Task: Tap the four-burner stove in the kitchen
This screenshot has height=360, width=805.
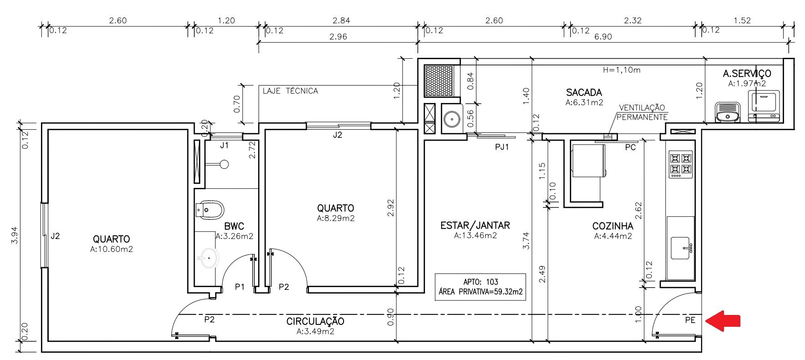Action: coord(680,164)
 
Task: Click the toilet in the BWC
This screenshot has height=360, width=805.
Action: coord(210,210)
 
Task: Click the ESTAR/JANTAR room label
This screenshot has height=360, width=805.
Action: coord(475,225)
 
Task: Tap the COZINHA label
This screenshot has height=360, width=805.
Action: coord(613,226)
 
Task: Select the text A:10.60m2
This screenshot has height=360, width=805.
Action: coord(111,249)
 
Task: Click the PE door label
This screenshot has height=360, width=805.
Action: coord(690,320)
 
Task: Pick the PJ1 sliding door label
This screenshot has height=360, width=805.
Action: coord(502,147)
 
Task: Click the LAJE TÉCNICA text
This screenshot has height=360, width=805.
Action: coord(290,91)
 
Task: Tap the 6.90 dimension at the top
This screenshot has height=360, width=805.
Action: coord(602,37)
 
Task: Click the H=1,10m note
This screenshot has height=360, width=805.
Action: coord(621,70)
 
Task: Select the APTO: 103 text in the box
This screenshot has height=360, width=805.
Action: coord(481,282)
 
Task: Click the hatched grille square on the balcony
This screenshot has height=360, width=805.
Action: coord(439,81)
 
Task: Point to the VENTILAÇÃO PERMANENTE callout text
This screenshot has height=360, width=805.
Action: coord(642,112)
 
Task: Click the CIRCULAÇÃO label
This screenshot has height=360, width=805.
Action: coord(315,321)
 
